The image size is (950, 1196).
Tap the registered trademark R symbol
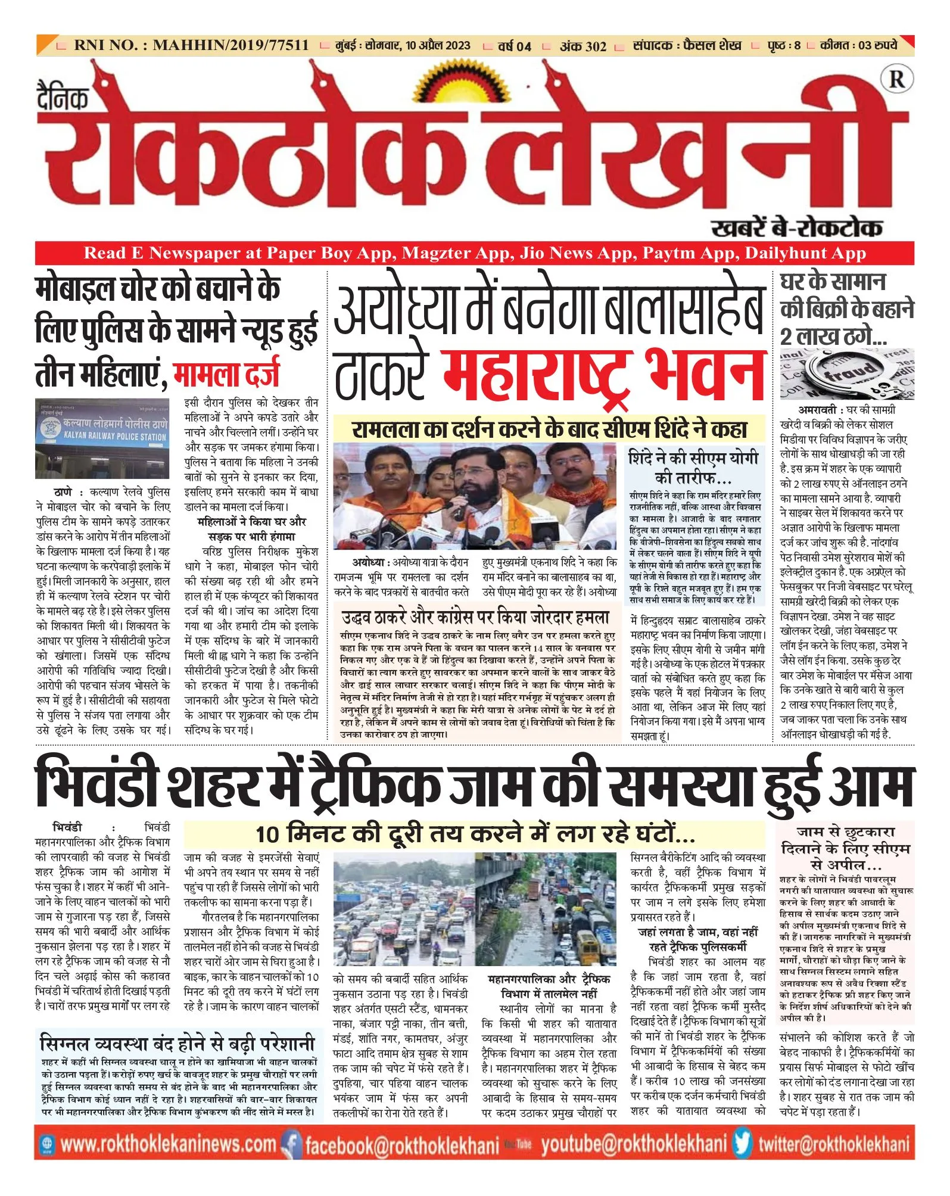pos(896,80)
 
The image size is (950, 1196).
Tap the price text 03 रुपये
pos(877,45)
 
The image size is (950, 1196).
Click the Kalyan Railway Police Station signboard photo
pos(102,438)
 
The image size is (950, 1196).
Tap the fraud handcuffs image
pos(846,374)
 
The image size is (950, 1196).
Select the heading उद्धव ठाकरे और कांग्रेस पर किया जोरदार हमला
pos(476,617)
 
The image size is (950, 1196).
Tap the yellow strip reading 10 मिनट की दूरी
pos(475,834)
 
